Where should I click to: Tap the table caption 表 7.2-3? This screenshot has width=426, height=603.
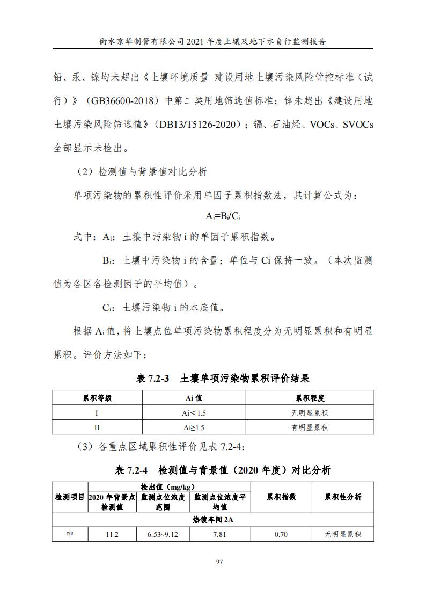pos(153,379)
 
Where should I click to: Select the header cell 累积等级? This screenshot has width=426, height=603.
pos(97,398)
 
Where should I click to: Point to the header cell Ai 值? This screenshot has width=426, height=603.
pos(194,398)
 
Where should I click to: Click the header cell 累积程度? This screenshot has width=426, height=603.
pos(310,398)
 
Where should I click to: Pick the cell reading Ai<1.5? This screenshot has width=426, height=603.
pos(194,413)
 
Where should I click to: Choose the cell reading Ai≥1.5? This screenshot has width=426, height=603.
pos(194,427)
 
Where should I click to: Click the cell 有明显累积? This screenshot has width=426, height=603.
pos(310,427)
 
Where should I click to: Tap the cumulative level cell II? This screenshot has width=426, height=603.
pos(97,427)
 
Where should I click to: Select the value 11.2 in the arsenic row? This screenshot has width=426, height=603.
pos(112,534)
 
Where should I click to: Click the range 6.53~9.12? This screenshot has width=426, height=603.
pos(163,534)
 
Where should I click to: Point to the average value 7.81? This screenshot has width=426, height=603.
pos(219,534)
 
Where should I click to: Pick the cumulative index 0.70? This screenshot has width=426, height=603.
pos(281,534)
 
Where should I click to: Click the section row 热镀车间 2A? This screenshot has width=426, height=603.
pos(213,520)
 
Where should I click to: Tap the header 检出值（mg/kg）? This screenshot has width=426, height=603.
pos(168,486)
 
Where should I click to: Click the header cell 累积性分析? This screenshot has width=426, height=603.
pos(343,497)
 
